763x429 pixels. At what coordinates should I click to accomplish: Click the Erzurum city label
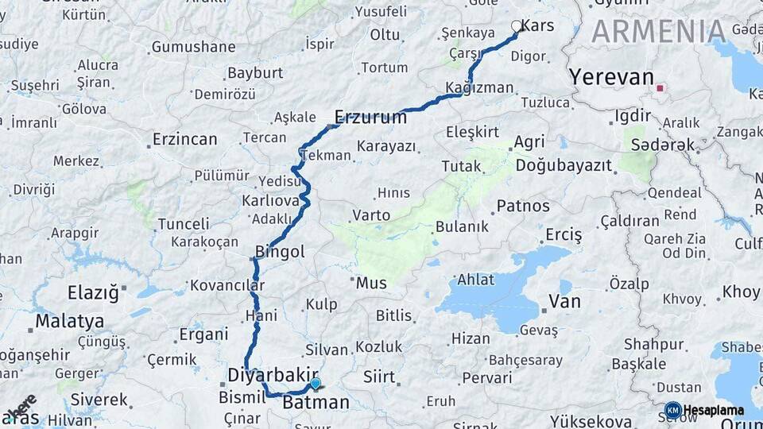(370, 118)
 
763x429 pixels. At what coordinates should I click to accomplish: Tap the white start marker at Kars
(517, 26)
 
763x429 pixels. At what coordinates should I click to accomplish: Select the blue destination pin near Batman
(316, 384)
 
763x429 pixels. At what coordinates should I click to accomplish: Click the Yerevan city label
(611, 78)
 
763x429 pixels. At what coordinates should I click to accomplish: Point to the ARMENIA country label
(658, 32)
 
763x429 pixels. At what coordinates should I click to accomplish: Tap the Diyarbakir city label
(273, 373)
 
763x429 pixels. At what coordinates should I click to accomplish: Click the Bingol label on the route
(280, 252)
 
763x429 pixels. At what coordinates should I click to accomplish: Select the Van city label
(565, 302)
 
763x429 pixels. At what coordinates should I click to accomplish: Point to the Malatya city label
(70, 322)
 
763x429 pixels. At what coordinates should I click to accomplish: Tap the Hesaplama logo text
(713, 411)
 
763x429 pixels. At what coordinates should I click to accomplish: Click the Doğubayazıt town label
(564, 166)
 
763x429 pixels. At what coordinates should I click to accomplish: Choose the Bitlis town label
(394, 315)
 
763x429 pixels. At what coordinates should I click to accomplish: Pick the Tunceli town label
(183, 224)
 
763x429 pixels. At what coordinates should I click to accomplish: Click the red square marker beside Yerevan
(659, 87)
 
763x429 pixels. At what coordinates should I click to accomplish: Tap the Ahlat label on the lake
(476, 280)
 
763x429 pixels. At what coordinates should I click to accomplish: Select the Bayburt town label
(255, 73)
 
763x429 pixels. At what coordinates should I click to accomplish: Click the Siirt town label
(379, 376)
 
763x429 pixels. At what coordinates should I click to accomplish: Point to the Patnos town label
(523, 207)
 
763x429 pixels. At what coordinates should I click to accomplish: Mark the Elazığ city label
(93, 292)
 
